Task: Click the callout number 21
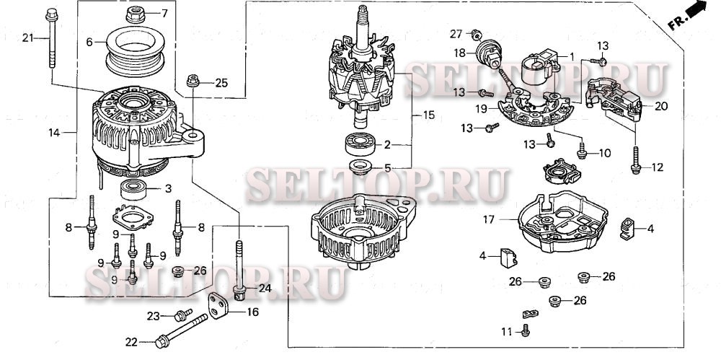click(27, 38)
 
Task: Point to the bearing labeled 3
click(134, 190)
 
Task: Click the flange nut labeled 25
click(193, 82)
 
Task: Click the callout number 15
click(429, 115)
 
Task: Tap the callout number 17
click(488, 218)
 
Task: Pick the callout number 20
click(661, 106)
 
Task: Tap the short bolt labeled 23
click(181, 315)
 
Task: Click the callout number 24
click(265, 289)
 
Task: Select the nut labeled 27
click(475, 34)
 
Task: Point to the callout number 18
click(459, 53)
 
